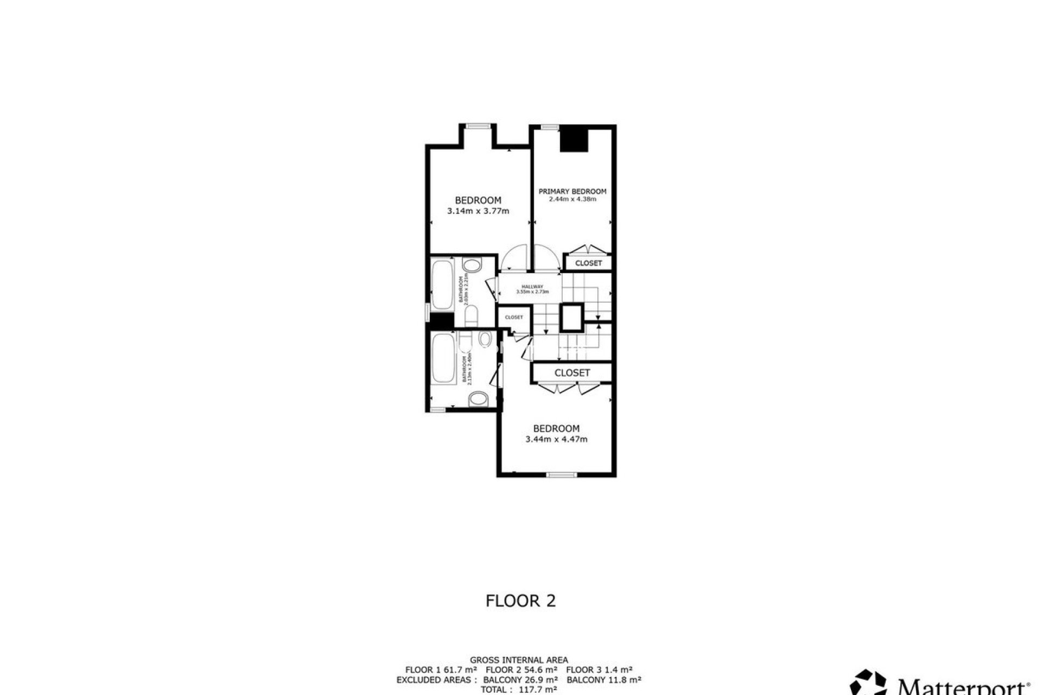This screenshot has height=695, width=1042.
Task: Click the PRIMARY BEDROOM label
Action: point(572,191)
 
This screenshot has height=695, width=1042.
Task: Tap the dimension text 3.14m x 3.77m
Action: point(478,211)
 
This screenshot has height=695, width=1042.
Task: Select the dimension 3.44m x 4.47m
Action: point(556,439)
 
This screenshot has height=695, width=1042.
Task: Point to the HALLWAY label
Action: point(532,287)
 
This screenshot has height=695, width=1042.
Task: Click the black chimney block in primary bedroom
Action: point(574,139)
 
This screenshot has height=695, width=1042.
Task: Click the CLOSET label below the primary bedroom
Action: point(588,263)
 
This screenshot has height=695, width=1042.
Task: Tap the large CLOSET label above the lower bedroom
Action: point(572,373)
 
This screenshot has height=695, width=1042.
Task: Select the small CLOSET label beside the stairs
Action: point(513,318)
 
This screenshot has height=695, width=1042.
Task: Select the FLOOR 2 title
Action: point(520,601)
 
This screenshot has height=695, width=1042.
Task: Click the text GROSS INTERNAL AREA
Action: point(519,660)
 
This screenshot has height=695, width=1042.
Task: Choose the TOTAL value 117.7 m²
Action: point(537,690)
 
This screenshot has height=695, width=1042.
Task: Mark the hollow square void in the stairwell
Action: point(571,318)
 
